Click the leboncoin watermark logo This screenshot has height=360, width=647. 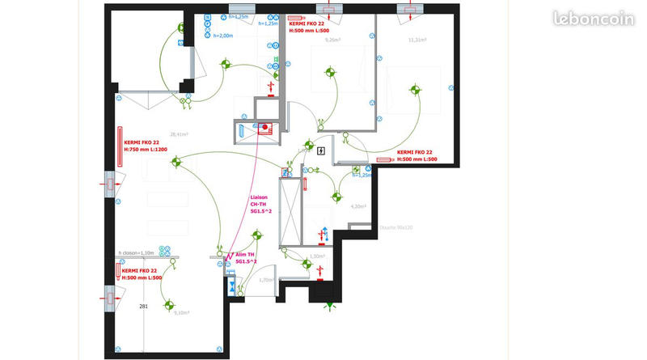click(593, 19)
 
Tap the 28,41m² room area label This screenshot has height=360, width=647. click(179, 135)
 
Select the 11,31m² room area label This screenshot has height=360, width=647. click(417, 39)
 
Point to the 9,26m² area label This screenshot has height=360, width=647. click(332, 39)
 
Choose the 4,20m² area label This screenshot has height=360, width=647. click(358, 206)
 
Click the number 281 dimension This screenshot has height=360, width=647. click(143, 306)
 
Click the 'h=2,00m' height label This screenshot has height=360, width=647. click(222, 36)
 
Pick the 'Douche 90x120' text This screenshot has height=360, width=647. click(395, 228)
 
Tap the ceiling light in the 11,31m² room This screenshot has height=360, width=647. click(415, 90)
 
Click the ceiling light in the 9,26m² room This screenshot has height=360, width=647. click(331, 74)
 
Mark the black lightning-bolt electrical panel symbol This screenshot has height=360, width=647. click(322, 150)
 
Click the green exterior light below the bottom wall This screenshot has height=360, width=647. click(329, 305)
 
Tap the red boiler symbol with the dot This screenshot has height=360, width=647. click(264, 126)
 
